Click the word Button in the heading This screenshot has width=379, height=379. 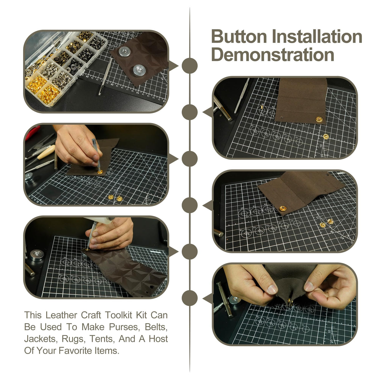tap(239, 37)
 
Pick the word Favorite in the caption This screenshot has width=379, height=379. tap(75, 351)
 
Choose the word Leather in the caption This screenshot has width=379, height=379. tap(61, 315)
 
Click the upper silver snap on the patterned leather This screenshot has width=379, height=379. tap(125, 52)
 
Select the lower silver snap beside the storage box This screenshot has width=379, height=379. tap(139, 71)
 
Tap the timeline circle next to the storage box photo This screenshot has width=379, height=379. tap(189, 66)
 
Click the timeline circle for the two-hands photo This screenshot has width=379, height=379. tap(189, 298)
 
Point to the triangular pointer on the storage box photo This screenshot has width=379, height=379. tap(173, 66)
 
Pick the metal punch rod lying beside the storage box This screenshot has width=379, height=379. tap(106, 77)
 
